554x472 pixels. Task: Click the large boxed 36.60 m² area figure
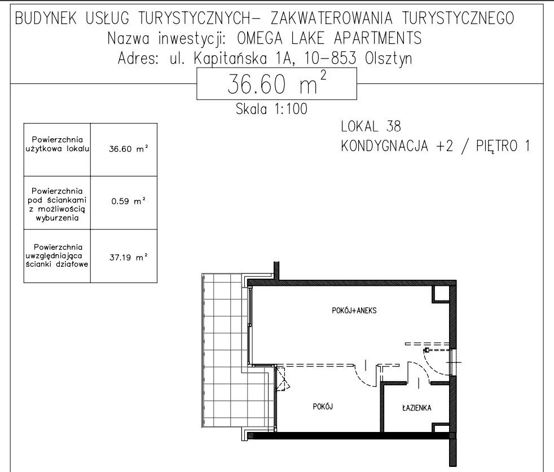[x=276, y=85]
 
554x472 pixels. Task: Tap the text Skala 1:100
[x=271, y=109]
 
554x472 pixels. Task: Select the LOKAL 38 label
[x=371, y=126]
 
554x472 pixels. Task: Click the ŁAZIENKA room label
[x=417, y=408]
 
